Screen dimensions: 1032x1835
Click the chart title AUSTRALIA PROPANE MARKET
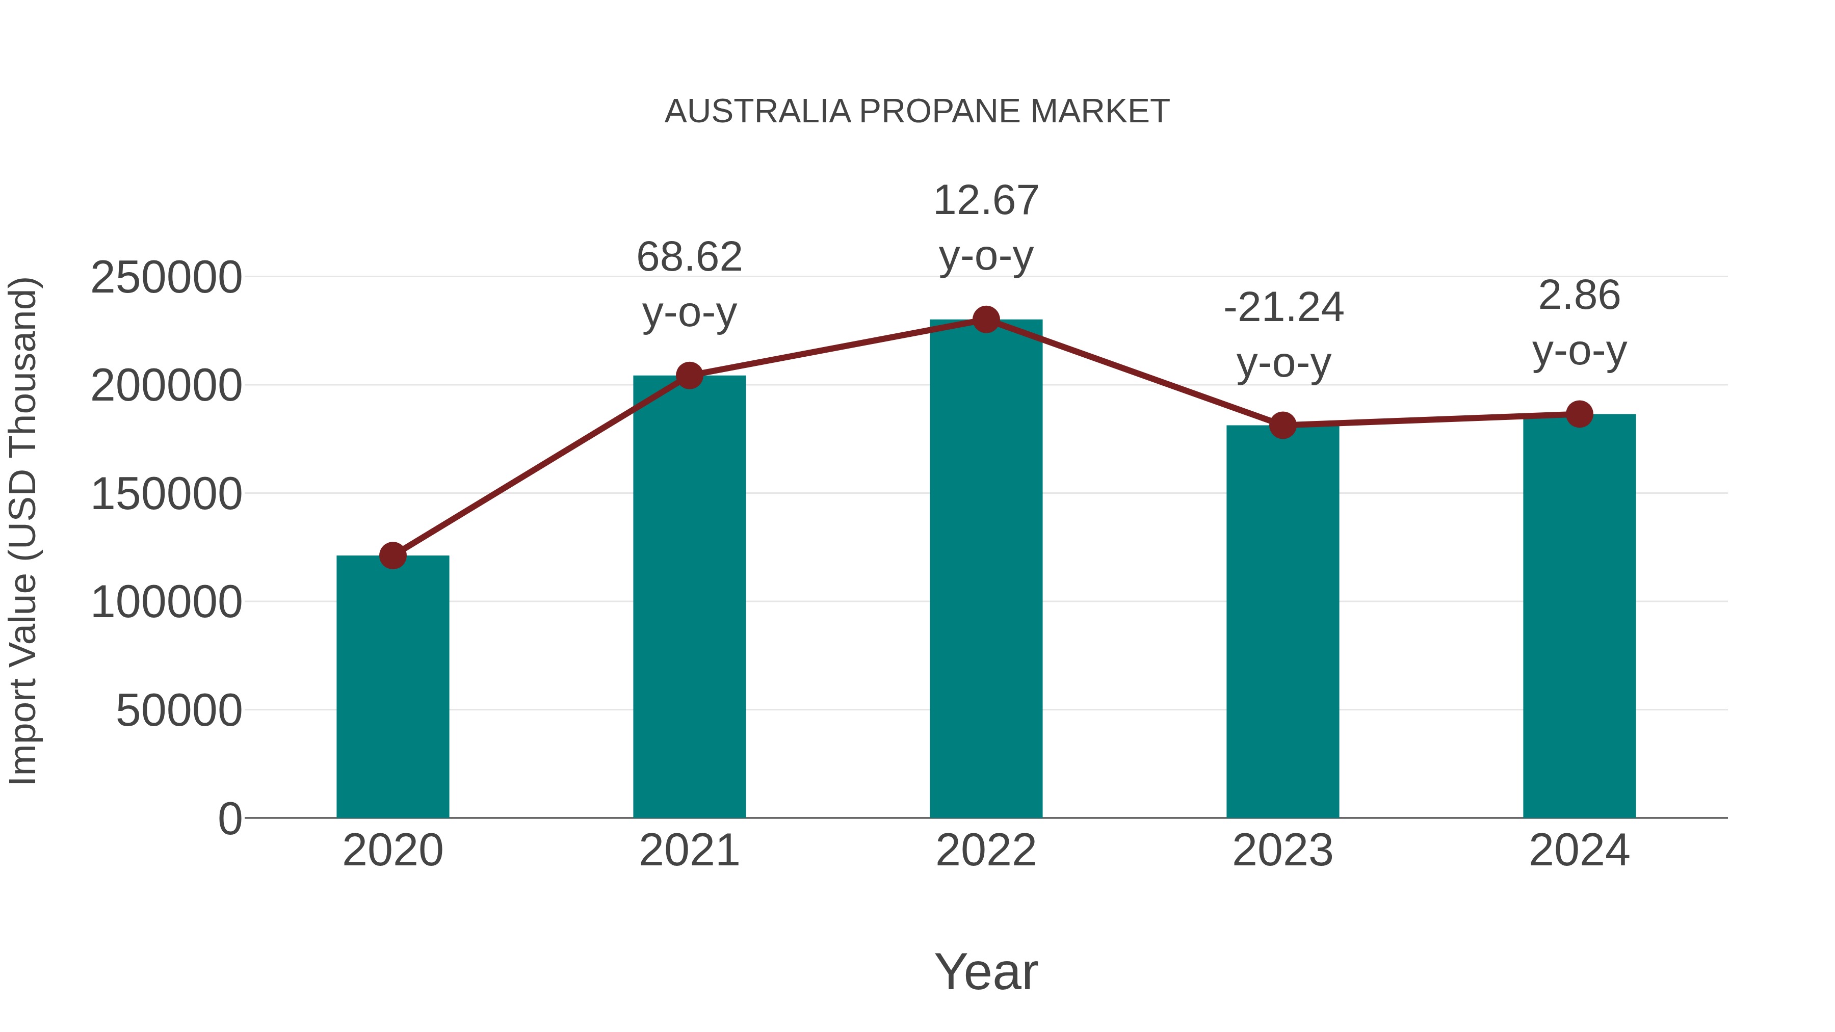tap(917, 112)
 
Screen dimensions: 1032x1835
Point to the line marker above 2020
tap(392, 555)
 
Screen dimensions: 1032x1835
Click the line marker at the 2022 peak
tap(986, 320)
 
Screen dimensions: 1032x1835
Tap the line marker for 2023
tap(1282, 425)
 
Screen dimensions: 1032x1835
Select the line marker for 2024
tap(1579, 414)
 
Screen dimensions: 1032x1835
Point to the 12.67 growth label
tap(986, 201)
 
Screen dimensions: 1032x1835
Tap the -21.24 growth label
tap(1283, 308)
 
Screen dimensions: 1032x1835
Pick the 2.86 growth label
tap(1579, 296)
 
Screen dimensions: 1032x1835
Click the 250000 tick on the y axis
tap(166, 278)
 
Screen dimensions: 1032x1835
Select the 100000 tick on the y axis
tap(166, 602)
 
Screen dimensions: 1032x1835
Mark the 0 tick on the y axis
tap(229, 819)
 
